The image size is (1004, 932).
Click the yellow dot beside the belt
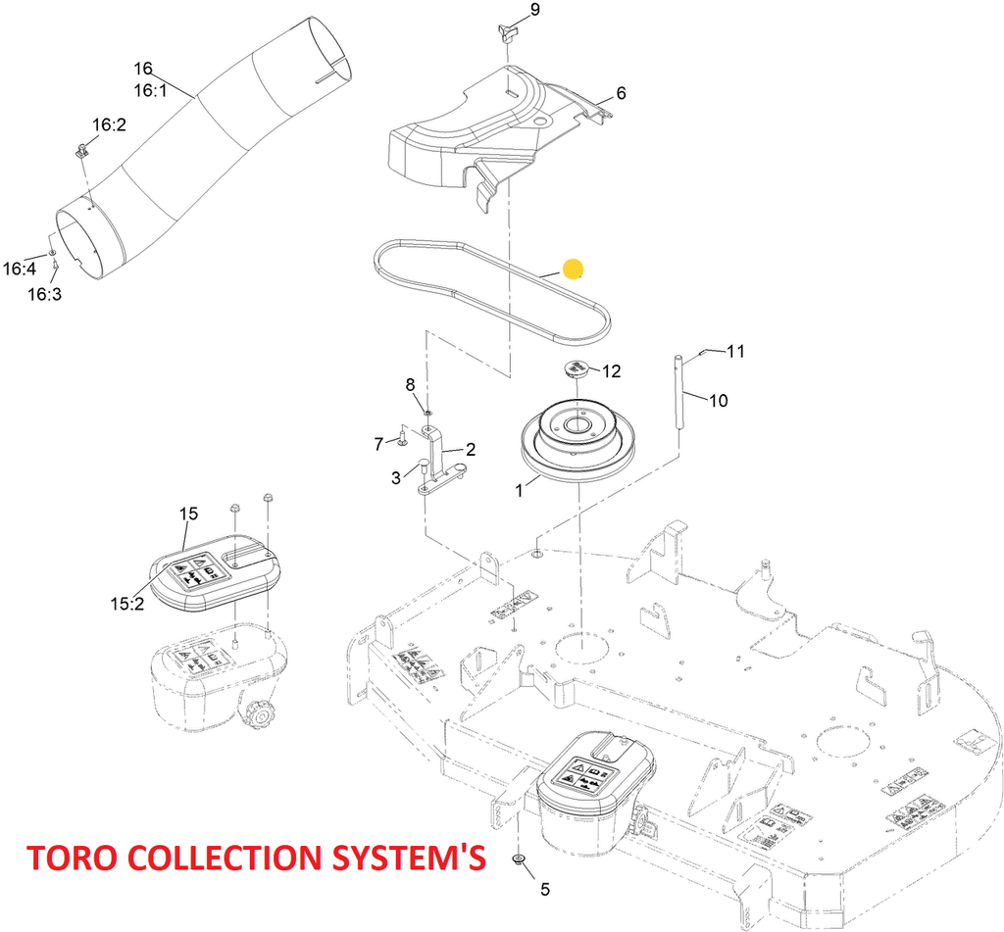(574, 269)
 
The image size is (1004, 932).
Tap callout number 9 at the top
(534, 10)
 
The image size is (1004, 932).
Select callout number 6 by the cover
(621, 94)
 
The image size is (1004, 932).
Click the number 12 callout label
(612, 371)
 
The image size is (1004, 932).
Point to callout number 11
(735, 350)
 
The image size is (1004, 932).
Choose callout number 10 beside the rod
(720, 400)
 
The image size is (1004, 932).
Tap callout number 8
(411, 384)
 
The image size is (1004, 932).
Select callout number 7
(378, 444)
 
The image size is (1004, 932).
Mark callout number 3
(396, 477)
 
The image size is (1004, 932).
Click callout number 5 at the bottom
(545, 890)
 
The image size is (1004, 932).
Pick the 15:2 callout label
(127, 604)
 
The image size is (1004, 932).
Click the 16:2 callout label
(110, 125)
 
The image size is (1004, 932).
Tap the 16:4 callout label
(19, 268)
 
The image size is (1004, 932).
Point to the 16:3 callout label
(44, 294)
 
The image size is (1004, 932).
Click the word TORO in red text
(72, 858)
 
